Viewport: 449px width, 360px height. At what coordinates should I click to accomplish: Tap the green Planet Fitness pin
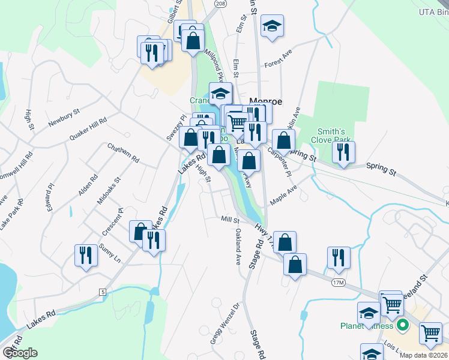click(x=402, y=326)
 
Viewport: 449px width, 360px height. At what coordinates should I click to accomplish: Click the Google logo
click(x=20, y=353)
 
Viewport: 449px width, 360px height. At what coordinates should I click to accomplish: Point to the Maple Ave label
click(x=283, y=196)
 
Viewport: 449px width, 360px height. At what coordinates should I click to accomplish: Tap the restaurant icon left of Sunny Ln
click(x=86, y=254)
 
